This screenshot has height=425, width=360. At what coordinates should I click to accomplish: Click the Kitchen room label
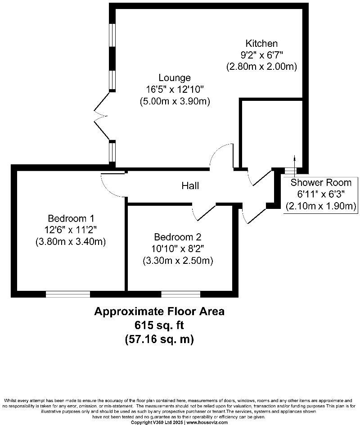point(261,44)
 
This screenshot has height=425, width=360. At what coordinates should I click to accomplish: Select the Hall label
point(190,185)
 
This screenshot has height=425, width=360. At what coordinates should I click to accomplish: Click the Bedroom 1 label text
point(71,219)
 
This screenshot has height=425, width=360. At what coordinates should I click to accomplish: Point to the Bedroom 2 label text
point(177,237)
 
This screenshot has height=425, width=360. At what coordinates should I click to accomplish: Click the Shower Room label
point(320,182)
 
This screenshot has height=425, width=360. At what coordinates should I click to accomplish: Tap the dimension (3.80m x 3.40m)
point(71,242)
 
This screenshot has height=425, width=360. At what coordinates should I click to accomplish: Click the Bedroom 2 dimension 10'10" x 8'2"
point(177,249)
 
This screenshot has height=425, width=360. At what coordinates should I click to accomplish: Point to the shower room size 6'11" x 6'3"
point(320,194)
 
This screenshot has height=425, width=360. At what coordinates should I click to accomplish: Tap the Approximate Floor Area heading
point(159,311)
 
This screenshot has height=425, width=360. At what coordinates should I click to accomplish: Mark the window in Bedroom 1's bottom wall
point(68,294)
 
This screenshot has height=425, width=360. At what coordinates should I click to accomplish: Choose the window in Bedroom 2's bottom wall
point(181,294)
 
